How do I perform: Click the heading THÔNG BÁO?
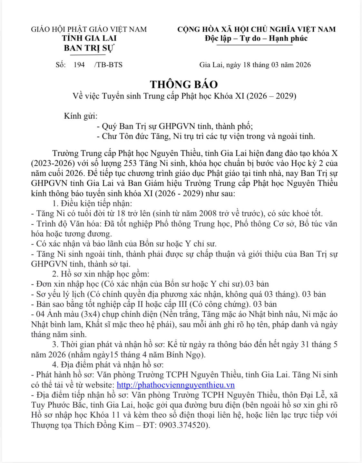tap(184, 84)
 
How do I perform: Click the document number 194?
tap(79, 65)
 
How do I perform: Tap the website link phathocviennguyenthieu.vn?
tap(175, 385)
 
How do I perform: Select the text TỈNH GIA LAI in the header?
tap(89, 38)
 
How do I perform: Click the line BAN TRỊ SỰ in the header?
tap(89, 48)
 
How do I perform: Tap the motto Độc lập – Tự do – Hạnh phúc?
tap(256, 39)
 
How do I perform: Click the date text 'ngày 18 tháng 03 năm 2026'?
tap(268, 65)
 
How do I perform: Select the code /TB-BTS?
tap(108, 65)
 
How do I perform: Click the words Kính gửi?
tap(81, 116)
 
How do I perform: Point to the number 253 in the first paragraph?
tap(130, 163)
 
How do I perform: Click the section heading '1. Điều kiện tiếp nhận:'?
tap(92, 203)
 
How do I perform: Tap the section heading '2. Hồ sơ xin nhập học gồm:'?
tap(101, 274)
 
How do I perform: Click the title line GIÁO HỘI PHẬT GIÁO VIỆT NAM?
tap(89, 29)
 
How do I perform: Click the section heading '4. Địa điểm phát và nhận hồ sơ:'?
tap(108, 365)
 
